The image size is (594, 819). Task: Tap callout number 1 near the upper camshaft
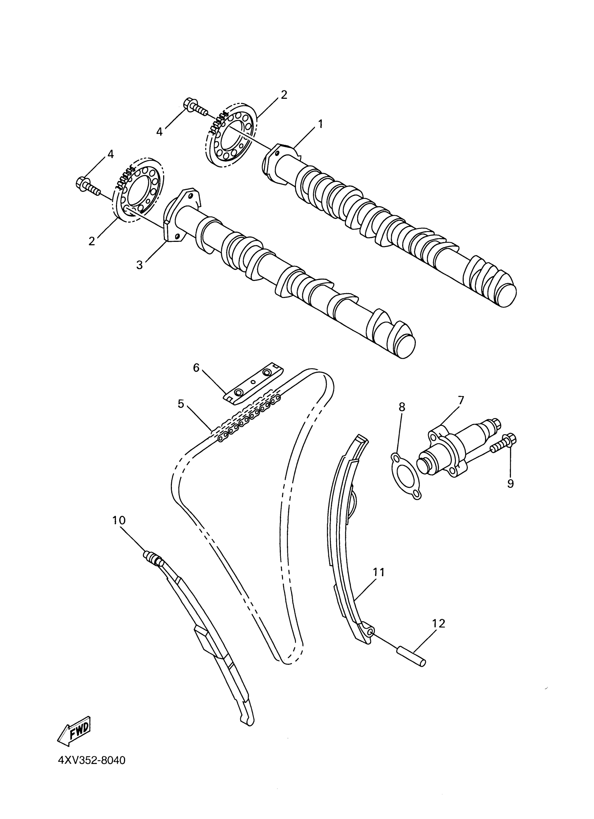[x=320, y=124]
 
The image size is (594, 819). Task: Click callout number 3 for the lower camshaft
[x=139, y=265]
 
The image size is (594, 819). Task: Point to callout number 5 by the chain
[x=181, y=404]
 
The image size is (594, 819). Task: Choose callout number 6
[x=196, y=367]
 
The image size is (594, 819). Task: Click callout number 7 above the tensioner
[x=460, y=400]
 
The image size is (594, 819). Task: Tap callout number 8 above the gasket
[x=402, y=407]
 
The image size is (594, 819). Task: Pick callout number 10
[x=118, y=520]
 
